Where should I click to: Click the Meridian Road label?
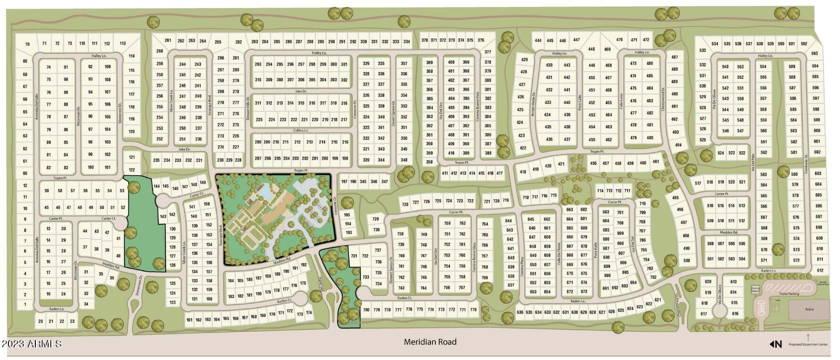(x=430, y=342)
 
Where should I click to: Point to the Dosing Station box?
(x=755, y=290)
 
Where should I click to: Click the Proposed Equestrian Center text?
(x=808, y=344)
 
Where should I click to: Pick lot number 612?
(x=820, y=270)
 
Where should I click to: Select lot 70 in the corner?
(x=27, y=44)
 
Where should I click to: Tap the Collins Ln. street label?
(x=300, y=130)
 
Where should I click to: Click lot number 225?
(x=259, y=120)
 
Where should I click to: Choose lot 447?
(x=576, y=40)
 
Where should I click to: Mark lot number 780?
(x=366, y=310)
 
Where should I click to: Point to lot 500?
(x=687, y=260)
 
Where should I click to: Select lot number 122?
(x=132, y=170)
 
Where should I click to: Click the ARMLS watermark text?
(x=32, y=344)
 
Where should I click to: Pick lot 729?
(x=376, y=219)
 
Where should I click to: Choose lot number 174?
(x=309, y=312)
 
